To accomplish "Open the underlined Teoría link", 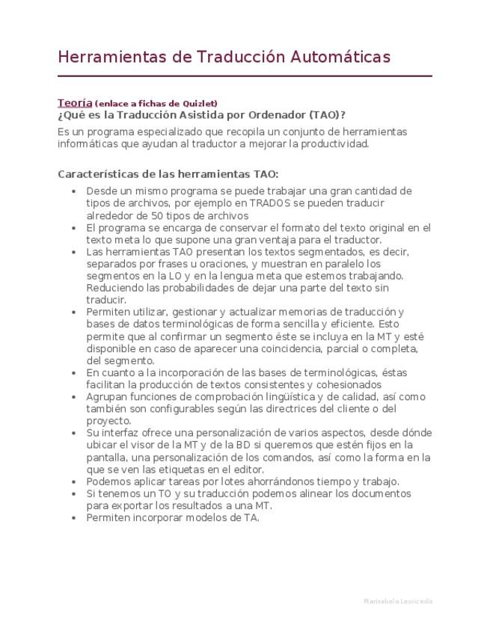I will [x=75, y=102].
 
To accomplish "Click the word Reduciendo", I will [x=114, y=288].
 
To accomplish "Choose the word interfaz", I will [x=122, y=433].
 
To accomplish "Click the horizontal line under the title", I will [x=245, y=76].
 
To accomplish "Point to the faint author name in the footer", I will [x=396, y=601].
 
